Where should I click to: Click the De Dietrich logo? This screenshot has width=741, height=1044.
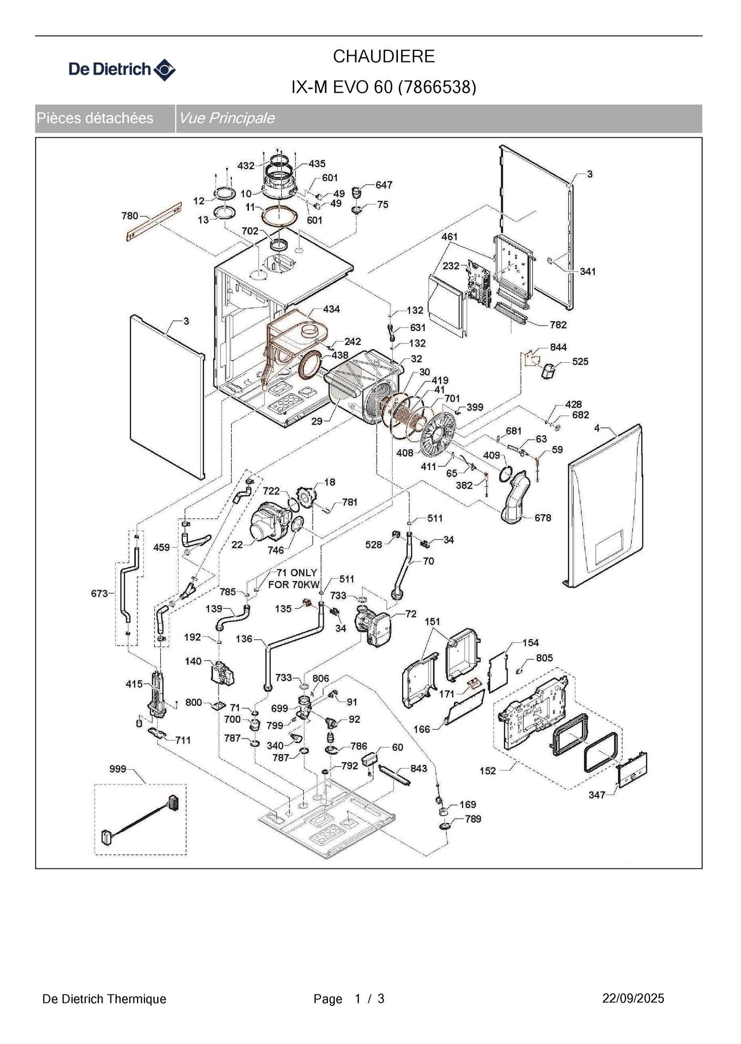pyautogui.click(x=122, y=69)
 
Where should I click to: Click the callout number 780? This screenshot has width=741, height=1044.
pyautogui.click(x=130, y=216)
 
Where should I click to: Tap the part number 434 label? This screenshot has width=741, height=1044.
pyautogui.click(x=331, y=309)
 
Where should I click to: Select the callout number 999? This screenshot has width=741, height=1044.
pyautogui.click(x=118, y=769)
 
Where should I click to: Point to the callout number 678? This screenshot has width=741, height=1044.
pyautogui.click(x=543, y=518)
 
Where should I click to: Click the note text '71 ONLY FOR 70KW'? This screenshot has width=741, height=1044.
pyautogui.click(x=294, y=578)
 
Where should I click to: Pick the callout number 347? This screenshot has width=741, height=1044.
pyautogui.click(x=597, y=795)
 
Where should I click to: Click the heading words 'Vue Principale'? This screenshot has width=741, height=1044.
pyautogui.click(x=227, y=118)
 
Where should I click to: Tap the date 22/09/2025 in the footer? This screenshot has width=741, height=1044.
pyautogui.click(x=633, y=998)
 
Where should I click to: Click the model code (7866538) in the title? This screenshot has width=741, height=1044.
pyautogui.click(x=437, y=87)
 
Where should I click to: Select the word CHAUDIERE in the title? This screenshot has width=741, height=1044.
pyautogui.click(x=384, y=56)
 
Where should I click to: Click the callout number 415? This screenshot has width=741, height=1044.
pyautogui.click(x=134, y=684)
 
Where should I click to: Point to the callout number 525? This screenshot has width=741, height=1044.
pyautogui.click(x=580, y=362)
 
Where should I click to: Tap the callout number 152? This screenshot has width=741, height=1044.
pyautogui.click(x=488, y=771)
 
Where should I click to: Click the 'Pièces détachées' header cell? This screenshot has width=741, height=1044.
pyautogui.click(x=95, y=118)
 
